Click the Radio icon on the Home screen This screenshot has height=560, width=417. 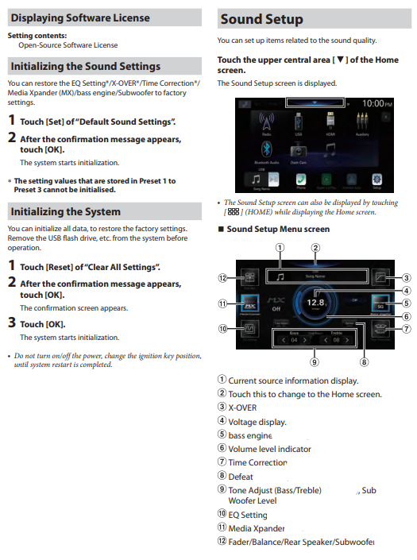264,126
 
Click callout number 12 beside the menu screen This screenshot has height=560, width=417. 224,277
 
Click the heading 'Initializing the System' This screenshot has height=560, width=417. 65,211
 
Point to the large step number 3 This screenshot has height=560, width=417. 12,323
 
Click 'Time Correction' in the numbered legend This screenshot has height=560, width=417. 257,462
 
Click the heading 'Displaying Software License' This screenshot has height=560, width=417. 79,17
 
